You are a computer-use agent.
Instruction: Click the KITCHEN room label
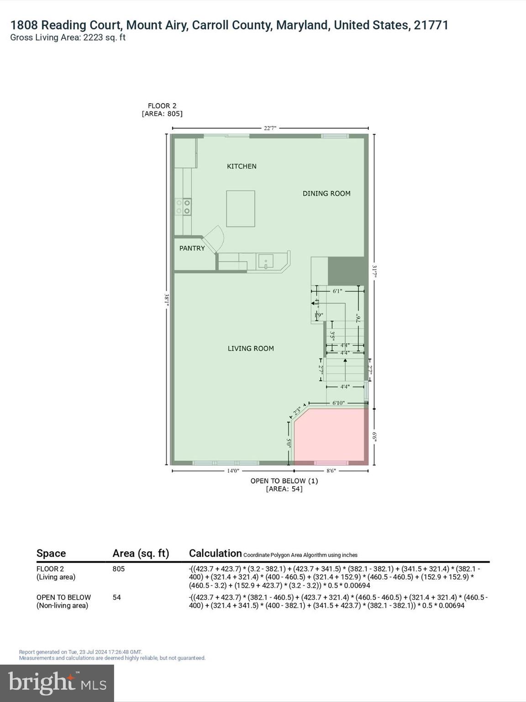tap(242, 166)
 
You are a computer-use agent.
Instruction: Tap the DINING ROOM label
tap(326, 193)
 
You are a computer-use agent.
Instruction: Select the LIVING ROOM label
tap(251, 348)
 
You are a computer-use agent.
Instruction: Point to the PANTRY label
tap(192, 248)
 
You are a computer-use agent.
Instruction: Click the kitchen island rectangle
tap(241, 209)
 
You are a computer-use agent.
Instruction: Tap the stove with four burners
tap(183, 207)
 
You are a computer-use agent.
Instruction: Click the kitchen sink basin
tap(266, 261)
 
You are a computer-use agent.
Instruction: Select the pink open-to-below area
tap(331, 434)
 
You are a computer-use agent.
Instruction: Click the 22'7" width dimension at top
tap(270, 128)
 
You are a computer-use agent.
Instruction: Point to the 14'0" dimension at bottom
tap(233, 471)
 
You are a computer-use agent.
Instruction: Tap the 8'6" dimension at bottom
tap(331, 471)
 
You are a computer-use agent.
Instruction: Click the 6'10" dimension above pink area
tap(338, 403)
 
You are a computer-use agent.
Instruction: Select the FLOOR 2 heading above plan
tap(162, 106)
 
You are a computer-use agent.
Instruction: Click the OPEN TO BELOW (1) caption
tap(284, 481)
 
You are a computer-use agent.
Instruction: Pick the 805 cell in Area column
tap(119, 569)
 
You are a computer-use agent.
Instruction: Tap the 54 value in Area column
tap(117, 597)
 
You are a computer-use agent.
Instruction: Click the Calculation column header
tap(215, 553)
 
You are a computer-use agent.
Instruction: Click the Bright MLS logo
tap(57, 683)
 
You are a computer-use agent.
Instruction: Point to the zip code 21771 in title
tap(431, 25)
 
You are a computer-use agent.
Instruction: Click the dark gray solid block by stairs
tap(346, 271)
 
